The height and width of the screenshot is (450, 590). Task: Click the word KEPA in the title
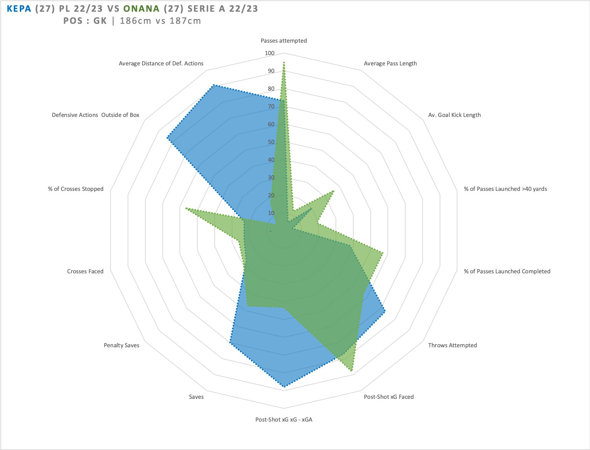point(19,9)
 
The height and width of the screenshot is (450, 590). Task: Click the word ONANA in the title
point(141,9)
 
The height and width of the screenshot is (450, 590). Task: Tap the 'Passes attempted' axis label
point(284,41)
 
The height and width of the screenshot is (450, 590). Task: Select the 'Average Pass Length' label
point(390,63)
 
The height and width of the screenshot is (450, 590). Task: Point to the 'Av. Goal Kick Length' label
point(454,115)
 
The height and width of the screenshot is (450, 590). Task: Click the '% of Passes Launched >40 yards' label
point(505,189)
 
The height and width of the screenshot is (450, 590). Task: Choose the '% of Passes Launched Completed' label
point(507,271)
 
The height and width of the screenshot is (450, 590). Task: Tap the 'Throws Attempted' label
point(452,345)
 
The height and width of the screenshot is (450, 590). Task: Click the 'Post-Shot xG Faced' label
point(388,397)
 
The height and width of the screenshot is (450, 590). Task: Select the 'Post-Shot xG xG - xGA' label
point(284,419)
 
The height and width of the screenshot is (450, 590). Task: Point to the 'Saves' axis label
point(196,397)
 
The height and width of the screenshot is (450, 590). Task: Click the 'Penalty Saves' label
point(122,345)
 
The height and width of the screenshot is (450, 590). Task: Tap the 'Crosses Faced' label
point(85,271)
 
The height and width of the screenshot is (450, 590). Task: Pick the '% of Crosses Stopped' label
point(76,189)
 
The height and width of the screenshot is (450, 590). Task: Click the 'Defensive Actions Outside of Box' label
point(96,115)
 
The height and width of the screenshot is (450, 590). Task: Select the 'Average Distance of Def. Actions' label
point(161,63)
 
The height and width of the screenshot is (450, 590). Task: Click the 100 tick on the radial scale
point(270,53)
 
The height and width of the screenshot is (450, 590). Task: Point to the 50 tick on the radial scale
point(271,142)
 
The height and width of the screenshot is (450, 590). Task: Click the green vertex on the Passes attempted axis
point(284,62)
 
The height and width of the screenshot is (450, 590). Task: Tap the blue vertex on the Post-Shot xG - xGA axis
point(284,386)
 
